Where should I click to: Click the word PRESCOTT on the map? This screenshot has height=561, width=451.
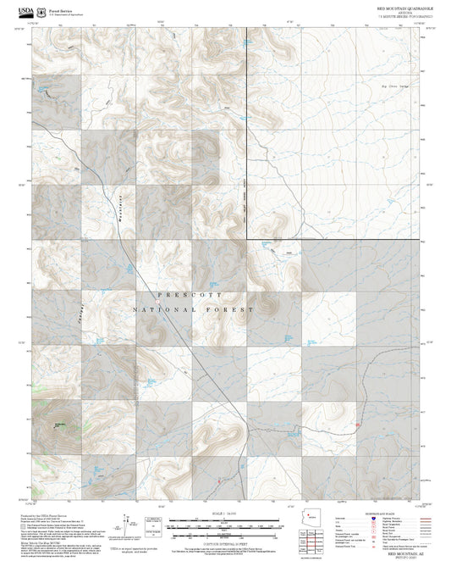tap(194, 294)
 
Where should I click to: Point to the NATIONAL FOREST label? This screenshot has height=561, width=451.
tap(194, 311)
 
